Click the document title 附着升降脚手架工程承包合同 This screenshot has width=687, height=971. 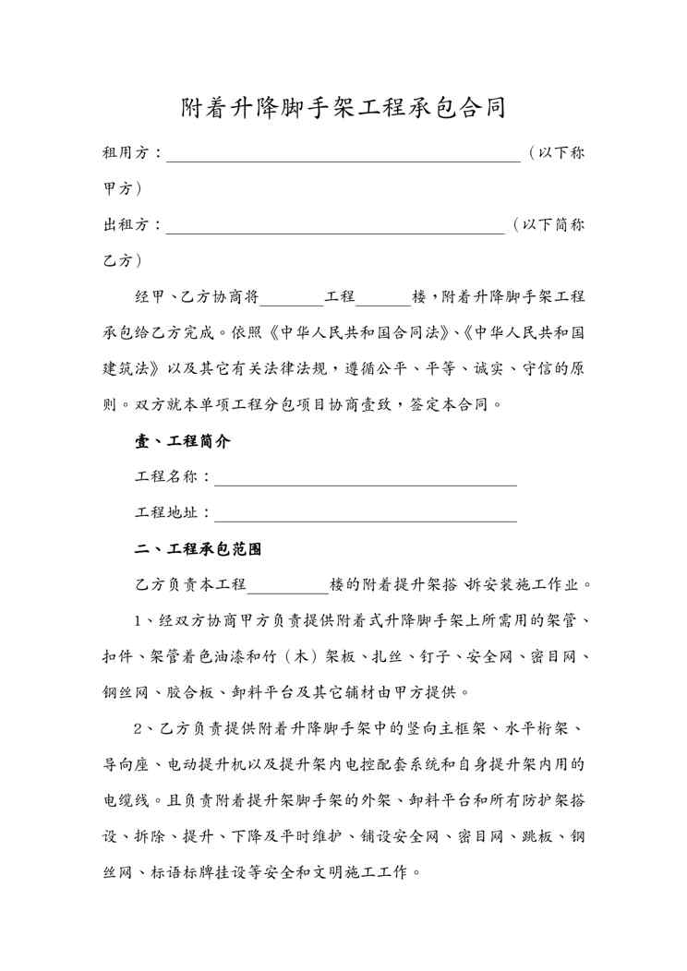(343, 108)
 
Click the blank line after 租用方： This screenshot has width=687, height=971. (343, 153)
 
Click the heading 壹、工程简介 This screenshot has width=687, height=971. (183, 441)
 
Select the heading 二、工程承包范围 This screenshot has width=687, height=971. (199, 549)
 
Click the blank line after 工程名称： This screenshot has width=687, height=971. (365, 477)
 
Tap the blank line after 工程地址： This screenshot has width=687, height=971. (365, 513)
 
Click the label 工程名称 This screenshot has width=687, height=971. (166, 477)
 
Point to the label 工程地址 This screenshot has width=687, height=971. (166, 513)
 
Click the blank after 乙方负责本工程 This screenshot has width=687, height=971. (288, 585)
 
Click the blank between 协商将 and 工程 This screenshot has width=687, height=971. (293, 297)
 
